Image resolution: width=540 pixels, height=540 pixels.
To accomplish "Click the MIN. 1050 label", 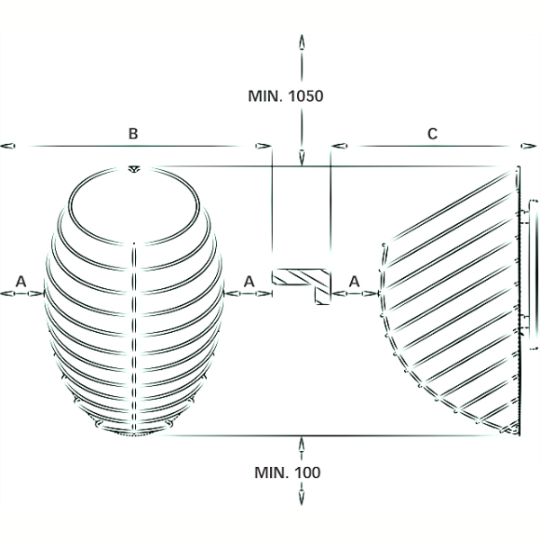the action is pyautogui.click(x=285, y=95).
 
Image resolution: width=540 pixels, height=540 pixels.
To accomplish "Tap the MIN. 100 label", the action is pyautogui.click(x=287, y=472).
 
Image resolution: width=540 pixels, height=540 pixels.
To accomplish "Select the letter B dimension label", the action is pyautogui.click(x=133, y=133).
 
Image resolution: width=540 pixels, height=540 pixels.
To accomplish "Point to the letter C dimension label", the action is pyautogui.click(x=433, y=133).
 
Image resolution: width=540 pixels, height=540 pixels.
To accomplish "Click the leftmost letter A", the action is pyautogui.click(x=21, y=282).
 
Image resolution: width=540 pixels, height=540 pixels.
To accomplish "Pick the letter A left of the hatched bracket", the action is pyautogui.click(x=249, y=282).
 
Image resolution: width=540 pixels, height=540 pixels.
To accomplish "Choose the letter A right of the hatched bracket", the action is pyautogui.click(x=355, y=282).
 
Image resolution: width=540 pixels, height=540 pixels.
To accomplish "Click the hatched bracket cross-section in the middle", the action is pyautogui.click(x=301, y=286).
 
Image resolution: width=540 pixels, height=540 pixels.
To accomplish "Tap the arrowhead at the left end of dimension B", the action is pyautogui.click(x=7, y=146).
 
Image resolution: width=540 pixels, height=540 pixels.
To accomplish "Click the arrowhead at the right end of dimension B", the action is pyautogui.click(x=264, y=146).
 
